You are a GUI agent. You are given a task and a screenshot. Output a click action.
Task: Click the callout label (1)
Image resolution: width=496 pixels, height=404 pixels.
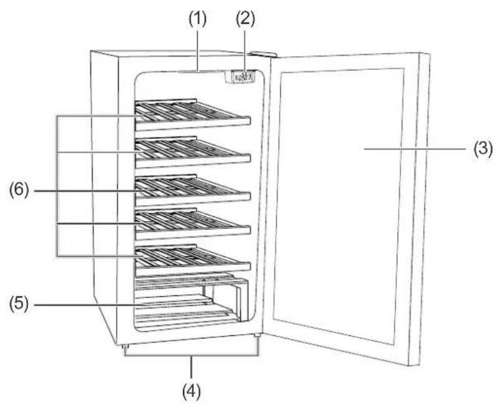(198, 19)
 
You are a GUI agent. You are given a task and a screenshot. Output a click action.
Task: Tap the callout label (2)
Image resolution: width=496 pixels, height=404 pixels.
(245, 19)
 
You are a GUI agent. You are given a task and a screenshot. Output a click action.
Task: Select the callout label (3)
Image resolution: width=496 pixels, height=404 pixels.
(483, 148)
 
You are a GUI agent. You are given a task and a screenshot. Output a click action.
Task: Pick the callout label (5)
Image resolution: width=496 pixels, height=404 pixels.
(19, 305)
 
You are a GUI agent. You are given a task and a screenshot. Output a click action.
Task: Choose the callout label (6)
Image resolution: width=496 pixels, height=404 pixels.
(19, 191)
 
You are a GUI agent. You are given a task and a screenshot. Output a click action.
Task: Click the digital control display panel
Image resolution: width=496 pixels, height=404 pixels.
(240, 77)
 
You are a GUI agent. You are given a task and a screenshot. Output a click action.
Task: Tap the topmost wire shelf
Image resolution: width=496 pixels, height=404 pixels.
(193, 115)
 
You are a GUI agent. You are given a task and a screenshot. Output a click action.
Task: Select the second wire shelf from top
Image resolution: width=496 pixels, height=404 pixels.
(193, 152)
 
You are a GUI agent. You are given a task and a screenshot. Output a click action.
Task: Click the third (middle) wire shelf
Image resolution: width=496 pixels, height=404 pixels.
(193, 190)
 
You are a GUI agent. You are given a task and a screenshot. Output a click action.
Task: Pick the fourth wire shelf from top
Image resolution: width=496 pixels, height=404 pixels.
(193, 224)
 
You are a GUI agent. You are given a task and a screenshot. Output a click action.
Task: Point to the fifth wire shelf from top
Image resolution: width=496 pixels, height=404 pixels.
(193, 261)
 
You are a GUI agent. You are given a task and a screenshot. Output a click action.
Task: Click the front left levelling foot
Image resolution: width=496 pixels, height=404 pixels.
(125, 348)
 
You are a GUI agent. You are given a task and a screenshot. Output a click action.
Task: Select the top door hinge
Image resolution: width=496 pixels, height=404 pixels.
(264, 55)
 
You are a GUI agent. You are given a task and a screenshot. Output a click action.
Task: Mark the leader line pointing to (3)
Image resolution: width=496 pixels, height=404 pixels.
(415, 148)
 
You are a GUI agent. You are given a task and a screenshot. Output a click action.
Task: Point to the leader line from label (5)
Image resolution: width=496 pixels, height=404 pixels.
(121, 305)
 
